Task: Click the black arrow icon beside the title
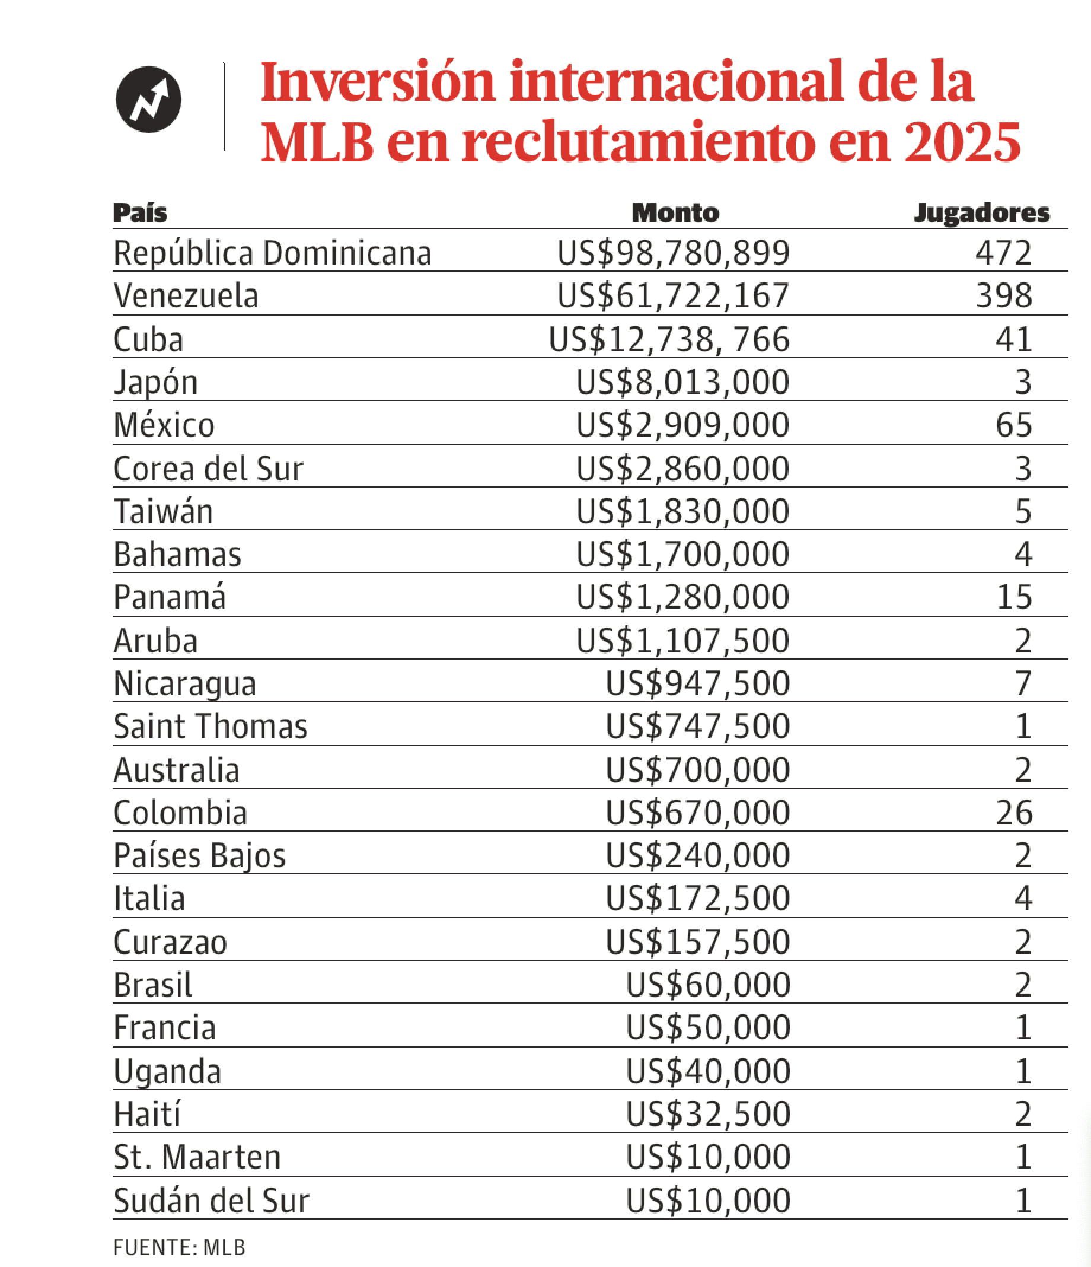click(x=148, y=99)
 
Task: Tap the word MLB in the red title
click(x=317, y=142)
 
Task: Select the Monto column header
click(x=675, y=213)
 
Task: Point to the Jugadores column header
click(x=981, y=213)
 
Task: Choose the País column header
click(x=140, y=213)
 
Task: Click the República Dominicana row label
click(x=273, y=253)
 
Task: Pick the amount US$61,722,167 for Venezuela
click(x=673, y=296)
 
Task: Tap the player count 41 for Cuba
click(x=1013, y=339)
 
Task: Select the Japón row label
click(x=156, y=383)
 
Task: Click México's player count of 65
click(x=1013, y=425)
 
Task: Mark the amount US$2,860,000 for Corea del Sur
click(x=682, y=469)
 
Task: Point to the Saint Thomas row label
click(x=210, y=727)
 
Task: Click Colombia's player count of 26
click(x=1013, y=813)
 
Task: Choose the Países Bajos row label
click(x=199, y=855)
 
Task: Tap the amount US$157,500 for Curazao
click(x=697, y=943)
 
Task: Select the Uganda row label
click(x=167, y=1072)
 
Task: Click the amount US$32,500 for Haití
click(x=707, y=1115)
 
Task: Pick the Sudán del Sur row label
click(x=212, y=1201)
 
